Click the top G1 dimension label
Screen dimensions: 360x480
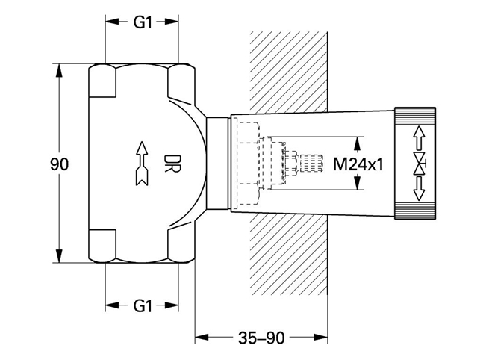[143, 22]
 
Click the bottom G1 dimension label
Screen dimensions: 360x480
[143, 305]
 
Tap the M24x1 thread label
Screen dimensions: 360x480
[358, 163]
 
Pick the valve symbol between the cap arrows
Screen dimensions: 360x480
[420, 164]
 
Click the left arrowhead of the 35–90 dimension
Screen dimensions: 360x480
[200, 337]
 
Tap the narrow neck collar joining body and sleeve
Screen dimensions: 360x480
[216, 164]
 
